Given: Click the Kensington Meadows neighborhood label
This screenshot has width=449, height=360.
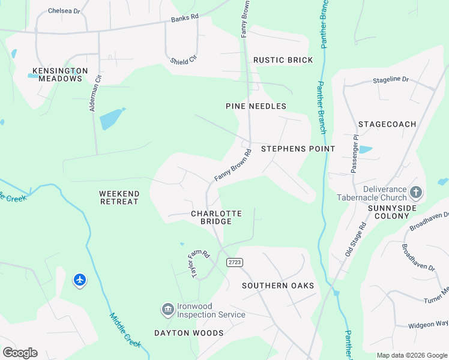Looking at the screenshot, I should [60, 74].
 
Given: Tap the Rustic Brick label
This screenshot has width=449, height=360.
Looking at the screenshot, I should [283, 60].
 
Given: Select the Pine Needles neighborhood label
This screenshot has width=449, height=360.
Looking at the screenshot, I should [256, 106].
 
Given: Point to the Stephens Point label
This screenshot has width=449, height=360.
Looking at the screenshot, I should [298, 148].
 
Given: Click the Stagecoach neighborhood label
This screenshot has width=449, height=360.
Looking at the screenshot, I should [387, 124].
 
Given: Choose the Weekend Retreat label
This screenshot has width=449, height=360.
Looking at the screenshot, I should [119, 197].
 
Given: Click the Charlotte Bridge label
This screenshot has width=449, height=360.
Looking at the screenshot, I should [216, 217].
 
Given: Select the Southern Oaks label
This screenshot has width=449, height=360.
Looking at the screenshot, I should [278, 286].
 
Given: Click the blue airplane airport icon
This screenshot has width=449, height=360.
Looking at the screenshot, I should [80, 280].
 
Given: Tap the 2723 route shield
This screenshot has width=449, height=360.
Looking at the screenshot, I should [235, 263].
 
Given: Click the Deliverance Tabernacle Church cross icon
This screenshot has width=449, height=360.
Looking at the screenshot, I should [417, 193].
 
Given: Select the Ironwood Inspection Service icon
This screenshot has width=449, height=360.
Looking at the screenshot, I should [168, 310].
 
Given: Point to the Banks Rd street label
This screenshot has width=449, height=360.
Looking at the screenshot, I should [184, 19].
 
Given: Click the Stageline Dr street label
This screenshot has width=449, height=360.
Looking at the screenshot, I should [390, 79].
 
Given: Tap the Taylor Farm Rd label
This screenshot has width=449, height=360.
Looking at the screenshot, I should [196, 262].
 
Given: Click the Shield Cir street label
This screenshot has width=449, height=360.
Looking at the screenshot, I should [183, 60].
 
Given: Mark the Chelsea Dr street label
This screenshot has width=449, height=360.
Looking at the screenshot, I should [64, 11].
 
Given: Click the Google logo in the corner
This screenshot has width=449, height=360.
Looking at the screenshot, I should [20, 352].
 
